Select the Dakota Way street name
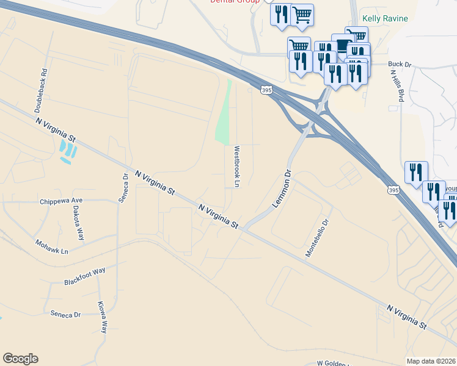click(x=81, y=220)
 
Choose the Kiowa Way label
click(x=103, y=317)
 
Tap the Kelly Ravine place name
click(x=385, y=18)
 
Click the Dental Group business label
click(x=235, y=2)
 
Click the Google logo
click(x=20, y=359)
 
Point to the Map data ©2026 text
click(x=431, y=361)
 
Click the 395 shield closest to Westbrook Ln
click(x=266, y=90)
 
